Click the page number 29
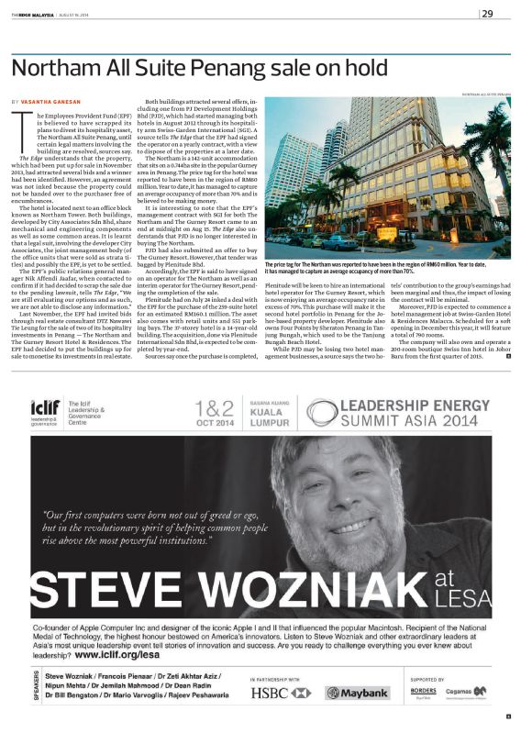[x=487, y=13]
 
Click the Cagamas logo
[x=473, y=693]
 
